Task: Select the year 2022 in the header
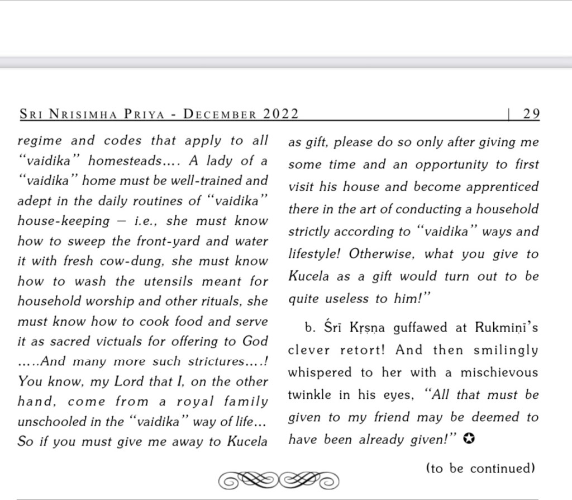click(281, 114)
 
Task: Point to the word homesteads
click(132, 161)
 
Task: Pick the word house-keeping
click(64, 221)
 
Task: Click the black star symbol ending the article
click(469, 440)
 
